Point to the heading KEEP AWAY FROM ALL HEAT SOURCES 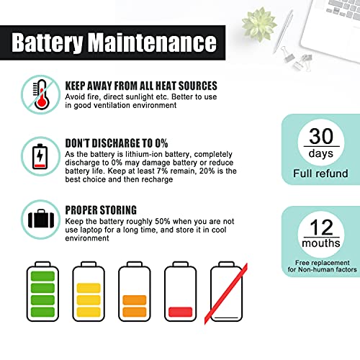click(x=140, y=86)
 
